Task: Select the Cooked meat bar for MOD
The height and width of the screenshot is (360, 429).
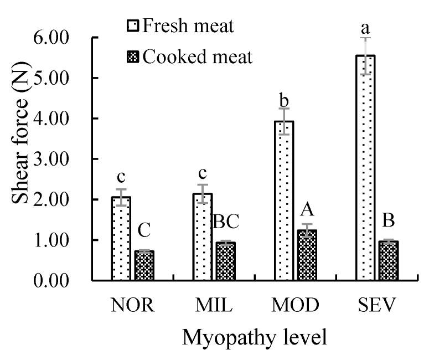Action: point(307,255)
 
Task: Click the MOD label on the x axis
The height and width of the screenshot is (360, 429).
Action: point(296,306)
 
